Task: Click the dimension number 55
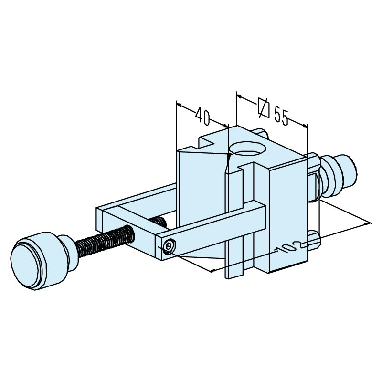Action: pyautogui.click(x=281, y=117)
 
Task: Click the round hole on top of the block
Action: pyautogui.click(x=247, y=149)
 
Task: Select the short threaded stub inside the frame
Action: pyautogui.click(x=159, y=222)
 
